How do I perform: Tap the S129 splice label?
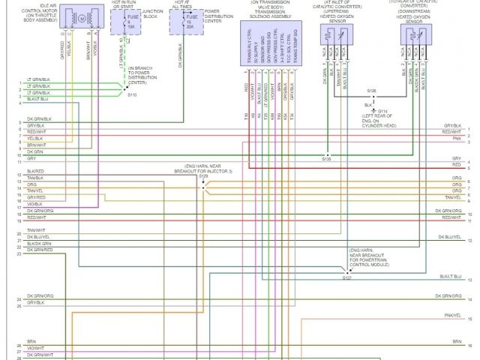point(203,176)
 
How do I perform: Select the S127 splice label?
point(346,277)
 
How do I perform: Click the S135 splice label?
point(326,160)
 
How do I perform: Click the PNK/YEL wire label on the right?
point(452,316)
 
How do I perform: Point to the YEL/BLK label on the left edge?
point(36,138)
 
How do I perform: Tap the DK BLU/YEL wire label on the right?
point(449,237)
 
